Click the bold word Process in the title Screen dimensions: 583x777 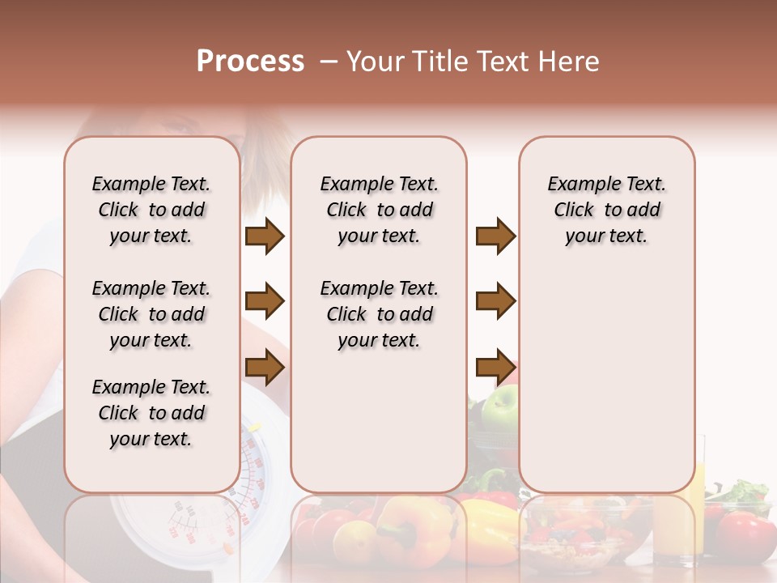pyautogui.click(x=250, y=62)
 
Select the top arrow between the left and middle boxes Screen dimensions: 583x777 pyautogui.click(x=265, y=236)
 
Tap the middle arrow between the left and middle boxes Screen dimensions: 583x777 pyautogui.click(x=265, y=302)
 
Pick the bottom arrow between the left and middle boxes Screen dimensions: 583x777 pyautogui.click(x=265, y=368)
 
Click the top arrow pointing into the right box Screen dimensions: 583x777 pyautogui.click(x=495, y=236)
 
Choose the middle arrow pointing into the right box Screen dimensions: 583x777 pyautogui.click(x=495, y=302)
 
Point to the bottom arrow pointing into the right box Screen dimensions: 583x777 pyautogui.click(x=495, y=368)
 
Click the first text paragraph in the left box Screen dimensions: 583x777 pyautogui.click(x=151, y=210)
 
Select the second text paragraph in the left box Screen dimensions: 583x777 pyautogui.click(x=151, y=314)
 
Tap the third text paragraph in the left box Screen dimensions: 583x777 pyautogui.click(x=151, y=413)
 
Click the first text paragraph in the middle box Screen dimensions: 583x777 pyautogui.click(x=379, y=210)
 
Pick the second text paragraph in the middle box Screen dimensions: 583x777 pyautogui.click(x=379, y=314)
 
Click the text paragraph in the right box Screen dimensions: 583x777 pyautogui.click(x=606, y=210)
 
